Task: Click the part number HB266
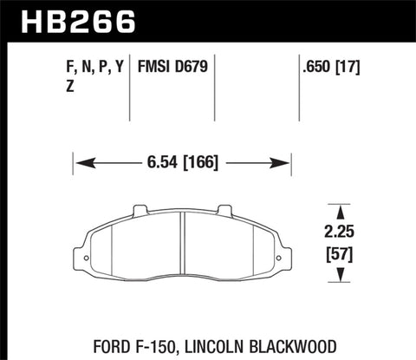[71, 19]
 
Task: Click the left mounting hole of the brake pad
[81, 256]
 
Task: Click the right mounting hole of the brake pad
[282, 256]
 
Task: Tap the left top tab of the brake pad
[139, 209]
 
